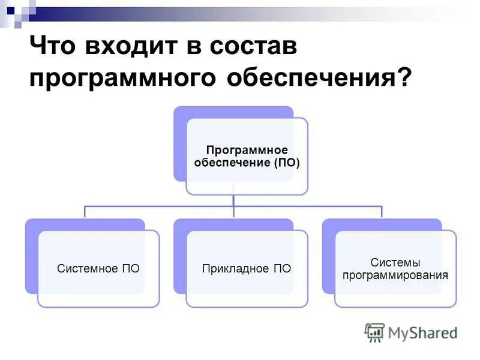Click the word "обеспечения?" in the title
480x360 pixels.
point(312,79)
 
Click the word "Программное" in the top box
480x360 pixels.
point(247,150)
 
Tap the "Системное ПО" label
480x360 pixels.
point(98,268)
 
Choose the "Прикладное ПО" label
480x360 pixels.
point(247,268)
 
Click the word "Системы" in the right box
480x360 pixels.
point(395,262)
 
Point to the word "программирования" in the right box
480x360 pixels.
point(395,276)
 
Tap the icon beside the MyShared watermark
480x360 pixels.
point(374,332)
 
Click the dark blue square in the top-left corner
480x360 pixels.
point(10,10)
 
